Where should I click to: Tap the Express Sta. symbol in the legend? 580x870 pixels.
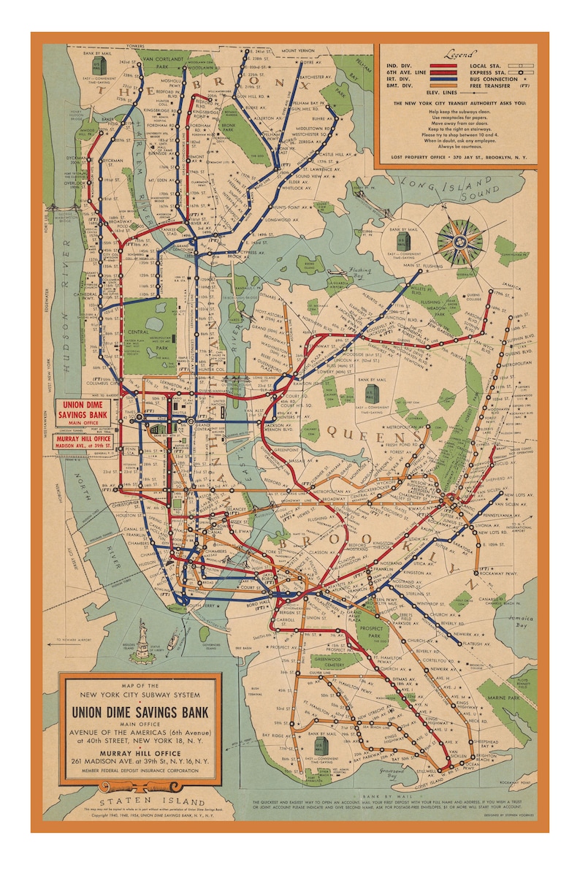522,73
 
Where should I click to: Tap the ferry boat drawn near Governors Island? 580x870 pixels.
173,644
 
